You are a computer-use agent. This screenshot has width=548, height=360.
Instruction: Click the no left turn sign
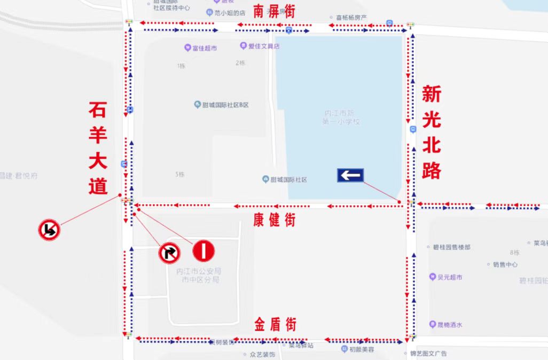49,230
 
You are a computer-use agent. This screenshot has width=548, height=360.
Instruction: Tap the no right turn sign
169,252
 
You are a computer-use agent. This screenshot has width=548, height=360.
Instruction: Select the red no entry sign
203,249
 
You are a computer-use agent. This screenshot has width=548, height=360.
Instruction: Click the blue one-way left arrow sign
350,175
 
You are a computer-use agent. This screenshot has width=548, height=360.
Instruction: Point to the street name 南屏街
275,11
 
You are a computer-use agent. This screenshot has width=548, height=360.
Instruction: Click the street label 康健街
275,220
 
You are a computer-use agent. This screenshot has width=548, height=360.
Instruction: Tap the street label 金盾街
275,324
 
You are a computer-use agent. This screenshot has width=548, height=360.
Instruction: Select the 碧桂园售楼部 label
451,247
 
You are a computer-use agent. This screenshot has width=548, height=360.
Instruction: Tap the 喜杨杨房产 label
350,18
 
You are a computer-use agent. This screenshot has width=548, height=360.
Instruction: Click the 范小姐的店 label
229,14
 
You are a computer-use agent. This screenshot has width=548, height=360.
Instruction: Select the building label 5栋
179,175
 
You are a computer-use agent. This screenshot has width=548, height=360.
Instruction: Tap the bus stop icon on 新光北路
413,129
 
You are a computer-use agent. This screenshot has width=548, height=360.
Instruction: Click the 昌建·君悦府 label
19,175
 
